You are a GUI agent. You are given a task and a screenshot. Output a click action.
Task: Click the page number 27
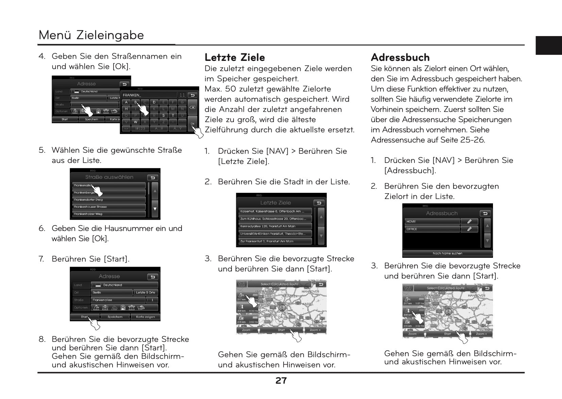(281, 381)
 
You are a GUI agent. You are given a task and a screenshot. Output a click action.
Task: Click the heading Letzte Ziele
(235, 57)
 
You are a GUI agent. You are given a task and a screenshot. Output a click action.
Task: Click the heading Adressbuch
(400, 57)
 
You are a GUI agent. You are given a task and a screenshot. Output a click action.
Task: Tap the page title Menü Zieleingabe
(91, 35)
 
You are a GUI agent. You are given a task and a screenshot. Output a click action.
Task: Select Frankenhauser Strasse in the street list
(109, 207)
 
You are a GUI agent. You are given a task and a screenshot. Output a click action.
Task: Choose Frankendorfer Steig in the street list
(109, 200)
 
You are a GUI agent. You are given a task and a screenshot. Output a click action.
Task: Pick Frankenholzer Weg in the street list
(109, 214)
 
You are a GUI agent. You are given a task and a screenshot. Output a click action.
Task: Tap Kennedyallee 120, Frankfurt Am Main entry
(275, 226)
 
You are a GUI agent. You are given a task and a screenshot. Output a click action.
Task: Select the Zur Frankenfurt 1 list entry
(275, 241)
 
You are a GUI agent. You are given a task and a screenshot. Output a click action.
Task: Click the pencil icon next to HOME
(470, 221)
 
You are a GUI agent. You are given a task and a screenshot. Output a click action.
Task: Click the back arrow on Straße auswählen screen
(153, 178)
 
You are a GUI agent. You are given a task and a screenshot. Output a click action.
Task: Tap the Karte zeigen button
(145, 317)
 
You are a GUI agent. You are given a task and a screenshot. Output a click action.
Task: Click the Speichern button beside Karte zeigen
(115, 317)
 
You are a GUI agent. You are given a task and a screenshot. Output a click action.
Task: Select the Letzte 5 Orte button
(146, 293)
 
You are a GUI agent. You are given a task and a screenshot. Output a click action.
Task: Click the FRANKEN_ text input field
(150, 95)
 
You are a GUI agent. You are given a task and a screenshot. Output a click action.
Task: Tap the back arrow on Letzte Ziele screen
(319, 203)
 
